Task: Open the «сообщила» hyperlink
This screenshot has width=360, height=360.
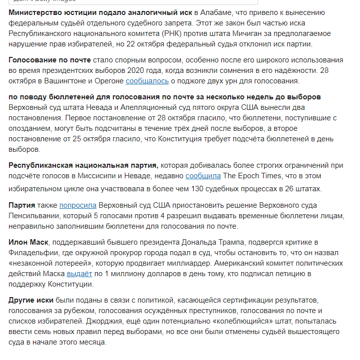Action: pyautogui.click(x=203, y=176)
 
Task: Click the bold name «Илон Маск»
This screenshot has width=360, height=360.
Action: pyautogui.click(x=28, y=242)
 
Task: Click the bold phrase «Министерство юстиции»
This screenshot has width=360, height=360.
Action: pyautogui.click(x=51, y=11)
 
